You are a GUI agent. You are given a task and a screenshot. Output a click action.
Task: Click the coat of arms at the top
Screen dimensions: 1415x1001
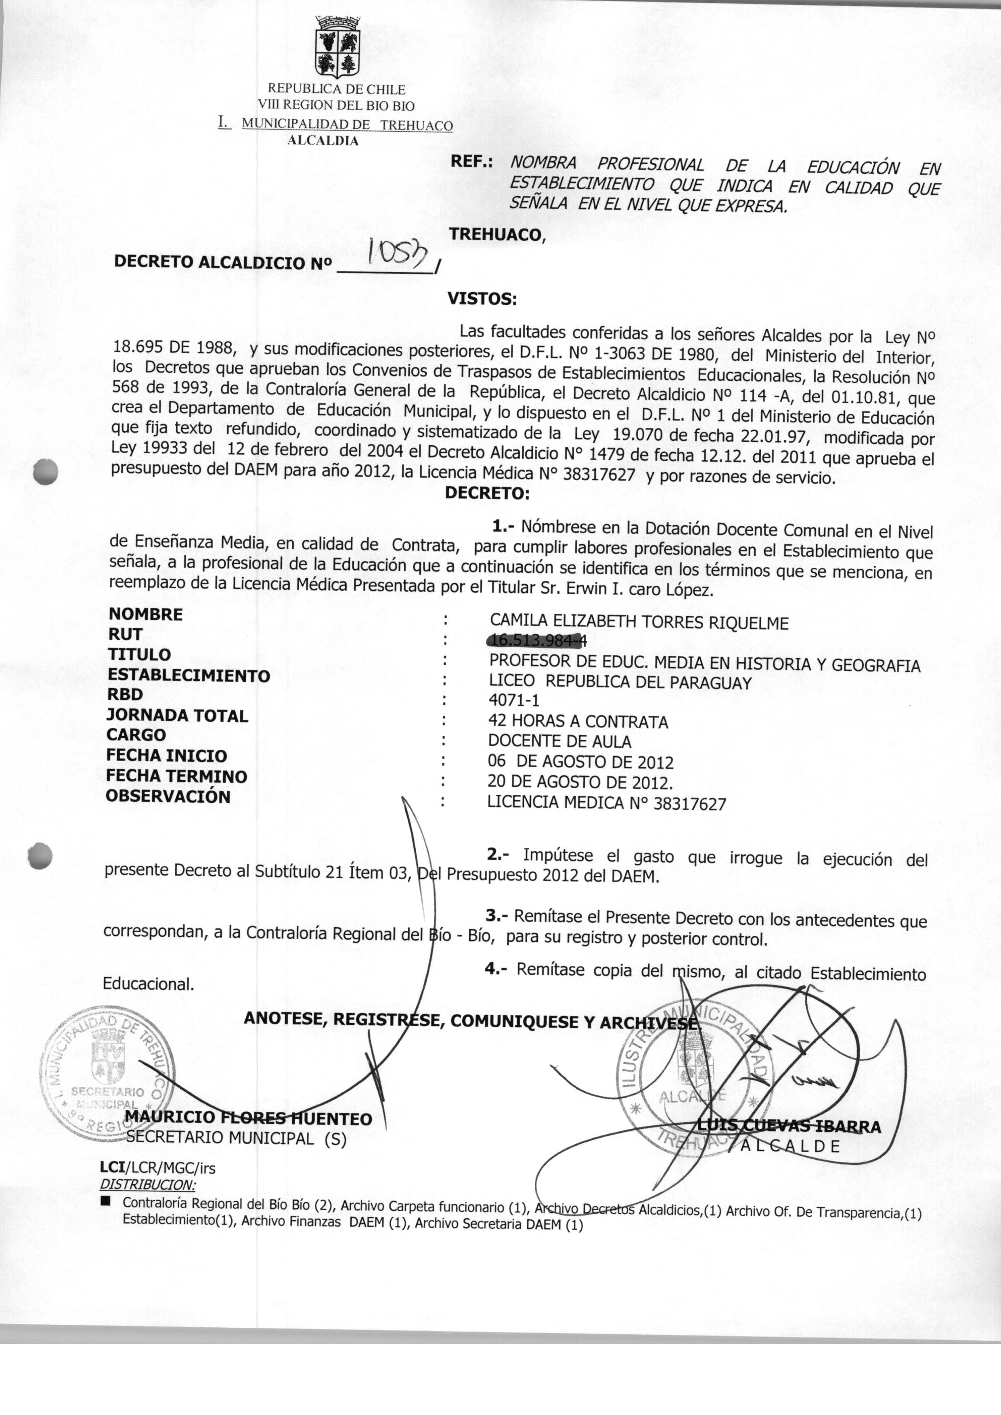[337, 47]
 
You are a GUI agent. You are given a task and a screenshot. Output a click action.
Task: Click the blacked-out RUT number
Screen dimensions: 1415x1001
[536, 642]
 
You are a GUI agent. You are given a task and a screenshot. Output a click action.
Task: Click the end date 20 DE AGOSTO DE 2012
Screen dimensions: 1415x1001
[579, 783]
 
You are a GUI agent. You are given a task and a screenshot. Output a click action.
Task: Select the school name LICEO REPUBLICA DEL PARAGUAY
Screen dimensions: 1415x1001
[620, 682]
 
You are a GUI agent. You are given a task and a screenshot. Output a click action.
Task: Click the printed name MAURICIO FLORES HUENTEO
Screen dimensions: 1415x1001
[248, 1119]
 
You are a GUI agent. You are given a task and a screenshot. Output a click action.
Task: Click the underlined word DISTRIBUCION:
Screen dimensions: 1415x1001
[147, 1184]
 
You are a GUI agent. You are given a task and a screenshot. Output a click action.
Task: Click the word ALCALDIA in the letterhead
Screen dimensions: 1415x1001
[323, 141]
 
